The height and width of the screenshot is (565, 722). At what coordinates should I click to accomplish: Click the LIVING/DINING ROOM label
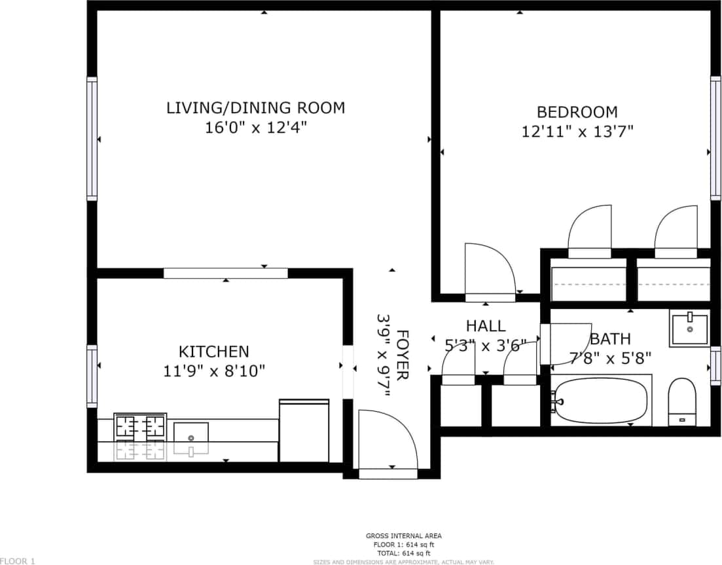point(255,108)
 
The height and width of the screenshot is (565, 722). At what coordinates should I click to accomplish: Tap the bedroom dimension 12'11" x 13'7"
point(577,132)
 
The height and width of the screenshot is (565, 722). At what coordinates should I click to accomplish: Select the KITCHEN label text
point(214,352)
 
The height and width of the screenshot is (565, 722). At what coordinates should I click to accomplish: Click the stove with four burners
point(140,427)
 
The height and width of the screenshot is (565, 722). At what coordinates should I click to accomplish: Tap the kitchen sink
point(191,433)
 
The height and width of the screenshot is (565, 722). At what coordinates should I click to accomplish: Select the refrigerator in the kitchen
point(304,431)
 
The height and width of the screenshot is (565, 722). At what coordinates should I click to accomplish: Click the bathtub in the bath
point(600,400)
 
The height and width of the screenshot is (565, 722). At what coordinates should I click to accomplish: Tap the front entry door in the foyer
point(388,441)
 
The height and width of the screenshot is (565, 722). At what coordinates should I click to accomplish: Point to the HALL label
point(486,326)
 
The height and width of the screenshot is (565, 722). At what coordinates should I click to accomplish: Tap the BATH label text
point(610,338)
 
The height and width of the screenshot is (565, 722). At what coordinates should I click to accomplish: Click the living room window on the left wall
point(92,138)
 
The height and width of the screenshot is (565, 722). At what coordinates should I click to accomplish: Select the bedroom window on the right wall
point(715,138)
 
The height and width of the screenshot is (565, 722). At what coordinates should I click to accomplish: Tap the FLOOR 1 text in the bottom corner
point(18,560)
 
